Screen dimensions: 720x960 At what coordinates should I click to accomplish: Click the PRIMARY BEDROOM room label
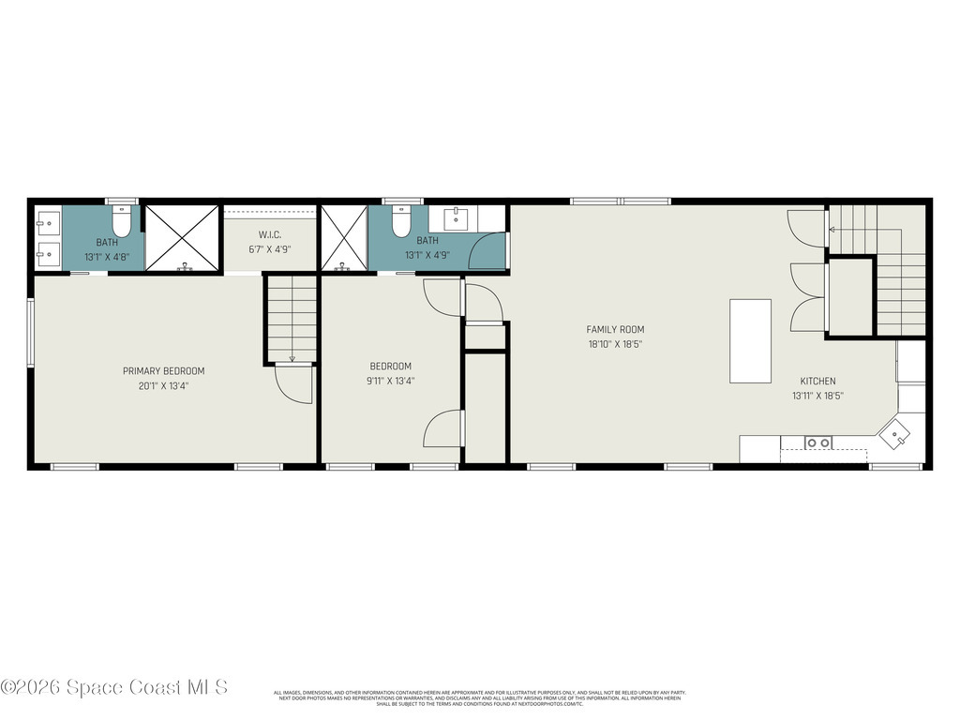(x=163, y=371)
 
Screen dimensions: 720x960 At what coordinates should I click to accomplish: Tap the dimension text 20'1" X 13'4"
(x=163, y=385)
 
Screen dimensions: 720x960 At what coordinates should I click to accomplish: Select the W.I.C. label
(x=271, y=234)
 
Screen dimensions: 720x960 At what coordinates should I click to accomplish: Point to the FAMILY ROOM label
(x=615, y=330)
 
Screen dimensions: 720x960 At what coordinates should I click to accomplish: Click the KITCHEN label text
(x=817, y=382)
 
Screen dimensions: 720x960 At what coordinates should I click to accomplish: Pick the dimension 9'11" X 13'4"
(x=390, y=381)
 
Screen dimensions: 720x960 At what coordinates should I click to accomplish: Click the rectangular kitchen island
(x=750, y=340)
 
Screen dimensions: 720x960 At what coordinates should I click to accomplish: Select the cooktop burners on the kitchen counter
(x=817, y=442)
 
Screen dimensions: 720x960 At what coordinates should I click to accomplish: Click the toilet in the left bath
(x=121, y=224)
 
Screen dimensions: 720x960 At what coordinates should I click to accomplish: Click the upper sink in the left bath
(x=47, y=223)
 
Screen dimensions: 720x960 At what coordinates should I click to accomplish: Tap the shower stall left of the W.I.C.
(x=182, y=238)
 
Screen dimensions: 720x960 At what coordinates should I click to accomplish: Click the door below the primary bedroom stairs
(x=293, y=384)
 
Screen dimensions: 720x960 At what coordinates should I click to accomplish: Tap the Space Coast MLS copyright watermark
(x=114, y=687)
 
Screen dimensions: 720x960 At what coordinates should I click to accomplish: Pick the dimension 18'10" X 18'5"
(x=615, y=344)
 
